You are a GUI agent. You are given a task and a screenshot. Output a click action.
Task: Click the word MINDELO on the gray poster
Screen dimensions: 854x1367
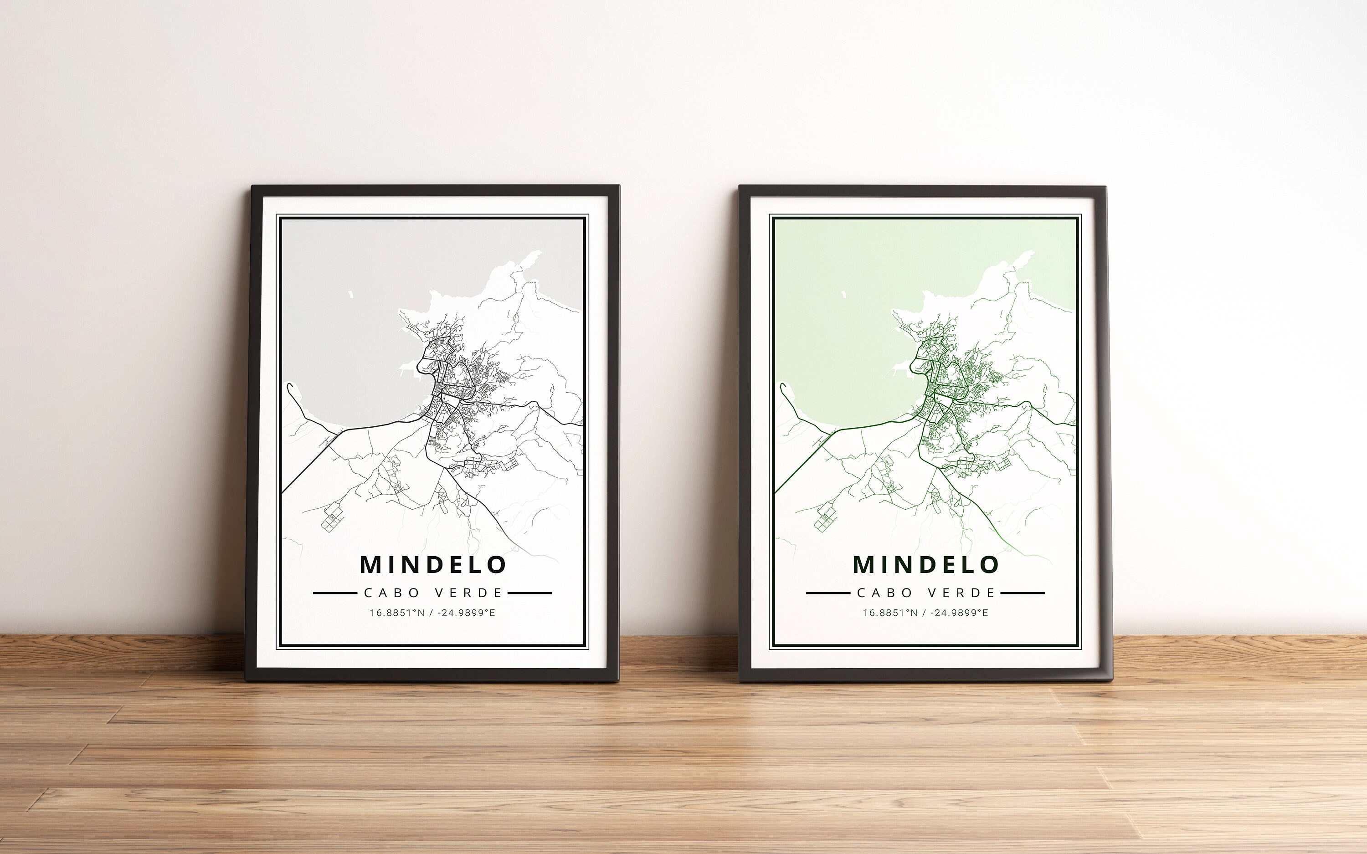click(x=433, y=564)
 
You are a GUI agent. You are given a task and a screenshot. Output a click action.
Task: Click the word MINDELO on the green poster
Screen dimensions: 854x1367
click(x=926, y=564)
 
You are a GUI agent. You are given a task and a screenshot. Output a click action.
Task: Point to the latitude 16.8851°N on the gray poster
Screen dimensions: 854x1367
click(x=396, y=613)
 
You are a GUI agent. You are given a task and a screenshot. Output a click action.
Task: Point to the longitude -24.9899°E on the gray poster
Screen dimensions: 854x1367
click(x=466, y=613)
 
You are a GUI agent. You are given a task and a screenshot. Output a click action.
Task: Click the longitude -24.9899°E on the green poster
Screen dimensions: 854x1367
click(x=959, y=613)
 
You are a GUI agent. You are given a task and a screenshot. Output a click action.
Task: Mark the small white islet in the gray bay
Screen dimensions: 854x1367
click(x=351, y=294)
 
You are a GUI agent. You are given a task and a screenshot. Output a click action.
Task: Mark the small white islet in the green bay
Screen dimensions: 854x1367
click(x=844, y=294)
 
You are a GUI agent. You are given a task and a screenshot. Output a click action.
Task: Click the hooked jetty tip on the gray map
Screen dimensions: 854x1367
click(x=289, y=386)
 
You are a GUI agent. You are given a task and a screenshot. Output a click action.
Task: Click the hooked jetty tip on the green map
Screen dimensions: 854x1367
click(x=782, y=386)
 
